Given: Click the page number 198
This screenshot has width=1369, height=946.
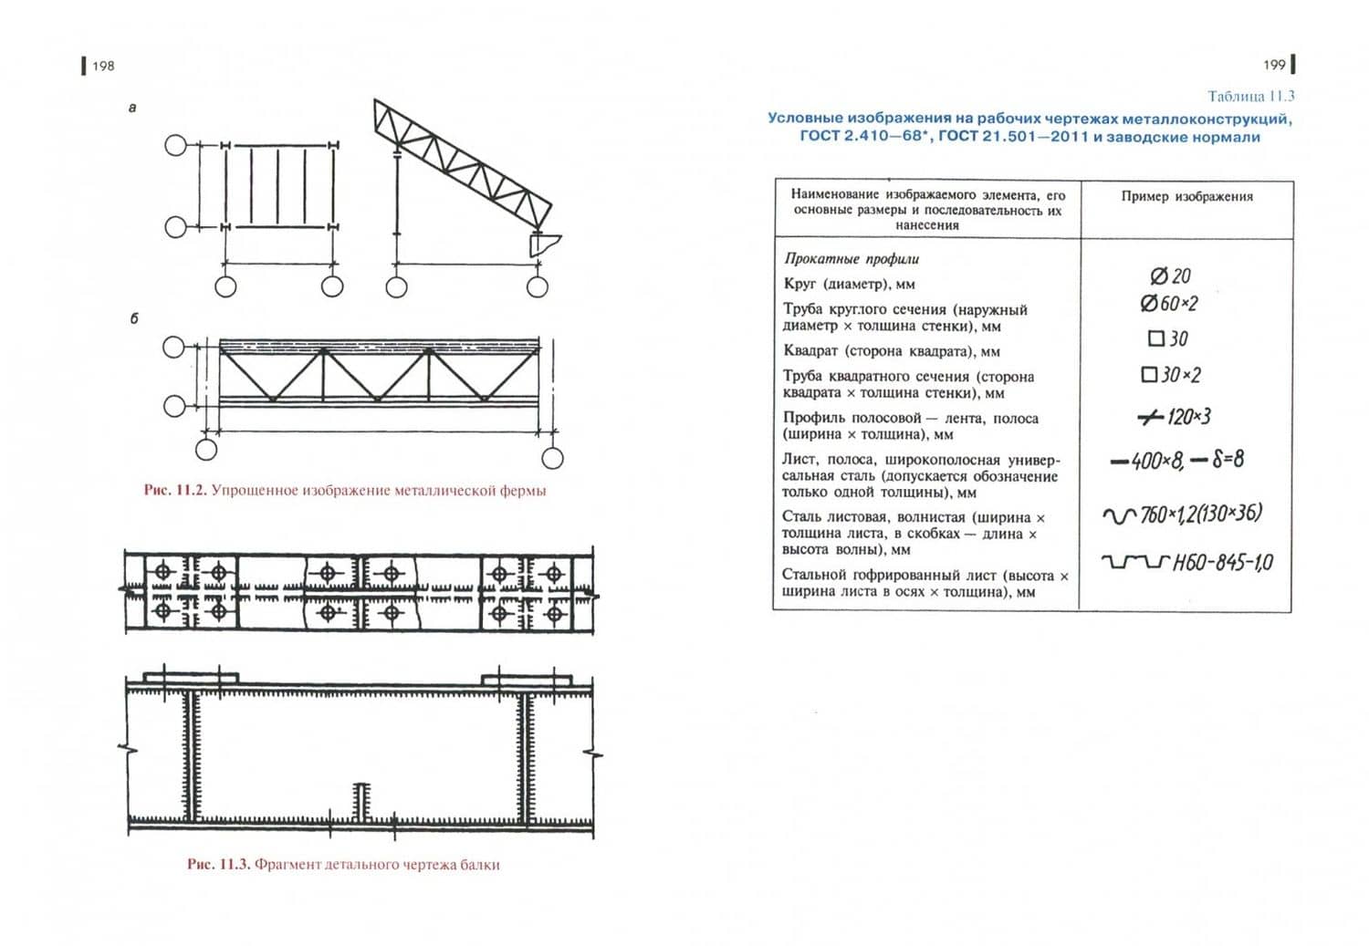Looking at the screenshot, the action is point(103,66).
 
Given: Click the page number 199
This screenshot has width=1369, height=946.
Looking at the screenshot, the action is point(1274,65).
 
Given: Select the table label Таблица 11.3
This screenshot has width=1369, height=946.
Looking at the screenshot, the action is point(1251,97).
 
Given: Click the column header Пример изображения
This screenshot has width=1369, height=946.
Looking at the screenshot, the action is point(1186,197).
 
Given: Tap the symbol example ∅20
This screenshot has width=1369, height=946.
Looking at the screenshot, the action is point(1170,276).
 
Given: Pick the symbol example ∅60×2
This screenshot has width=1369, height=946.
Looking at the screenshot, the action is point(1169,304).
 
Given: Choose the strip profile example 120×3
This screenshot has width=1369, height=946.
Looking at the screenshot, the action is point(1174,417).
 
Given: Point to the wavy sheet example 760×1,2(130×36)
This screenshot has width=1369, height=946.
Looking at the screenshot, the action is point(1182,515).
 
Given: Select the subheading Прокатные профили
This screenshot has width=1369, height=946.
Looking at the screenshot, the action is point(852,259).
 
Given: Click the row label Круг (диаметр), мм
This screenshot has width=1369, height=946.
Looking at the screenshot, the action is point(849,284).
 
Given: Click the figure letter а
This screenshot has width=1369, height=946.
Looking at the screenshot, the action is point(132,108).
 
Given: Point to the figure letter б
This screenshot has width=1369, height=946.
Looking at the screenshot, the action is point(134,318).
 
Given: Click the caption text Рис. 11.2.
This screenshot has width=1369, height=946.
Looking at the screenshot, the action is point(176,491).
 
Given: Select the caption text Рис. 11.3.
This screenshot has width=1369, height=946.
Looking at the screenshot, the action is point(219,865).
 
